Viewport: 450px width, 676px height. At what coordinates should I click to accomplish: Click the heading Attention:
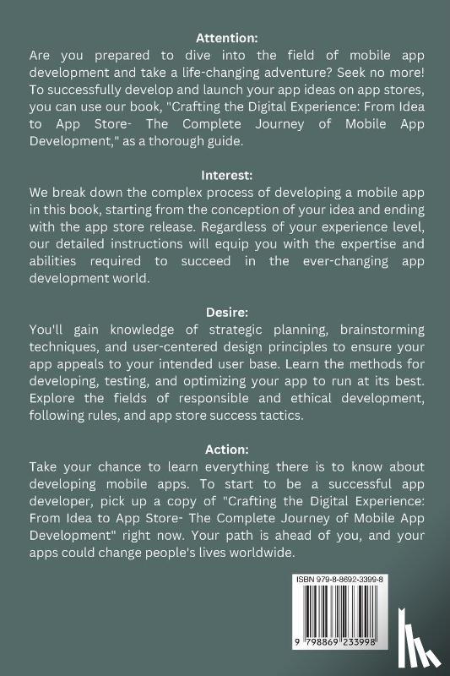point(225,37)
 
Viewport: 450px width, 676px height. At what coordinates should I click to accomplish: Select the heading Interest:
point(225,175)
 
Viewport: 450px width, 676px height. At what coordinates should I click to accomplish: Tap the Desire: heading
point(225,312)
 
